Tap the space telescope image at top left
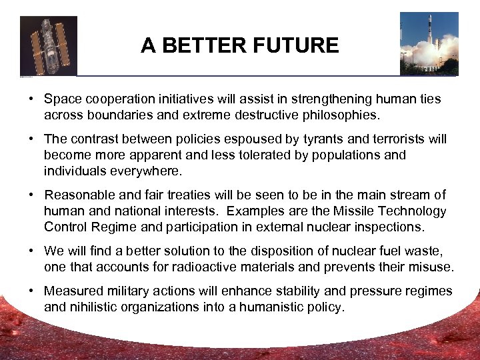click(48, 45)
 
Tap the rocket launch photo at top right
click(429, 43)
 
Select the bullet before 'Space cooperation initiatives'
click(31, 99)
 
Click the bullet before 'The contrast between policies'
click(31, 139)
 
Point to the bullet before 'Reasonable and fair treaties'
click(31, 195)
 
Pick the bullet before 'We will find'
click(31, 251)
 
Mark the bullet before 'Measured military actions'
click(31, 291)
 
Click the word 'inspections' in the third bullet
click(388, 227)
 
